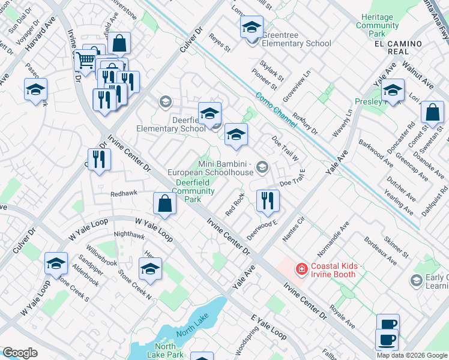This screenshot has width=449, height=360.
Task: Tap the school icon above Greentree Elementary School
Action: click(x=252, y=27)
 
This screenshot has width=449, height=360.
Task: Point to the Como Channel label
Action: click(x=276, y=109)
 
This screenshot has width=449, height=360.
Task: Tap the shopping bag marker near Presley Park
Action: click(x=432, y=113)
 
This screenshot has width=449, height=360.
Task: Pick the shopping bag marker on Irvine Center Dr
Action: click(x=164, y=204)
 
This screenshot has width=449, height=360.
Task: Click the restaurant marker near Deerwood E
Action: click(x=268, y=200)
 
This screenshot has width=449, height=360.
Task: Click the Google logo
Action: click(x=20, y=353)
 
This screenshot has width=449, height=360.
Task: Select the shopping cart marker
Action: click(x=86, y=60)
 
